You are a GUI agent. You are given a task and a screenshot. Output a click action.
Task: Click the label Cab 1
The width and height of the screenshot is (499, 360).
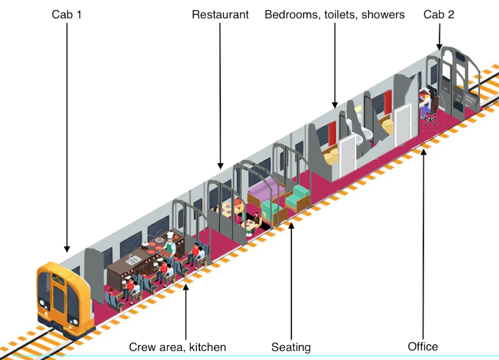coord(66,15)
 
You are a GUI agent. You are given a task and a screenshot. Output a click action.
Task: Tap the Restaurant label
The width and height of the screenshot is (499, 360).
coord(220,15)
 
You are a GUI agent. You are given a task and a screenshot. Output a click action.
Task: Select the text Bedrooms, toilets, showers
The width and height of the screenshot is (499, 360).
coord(334,15)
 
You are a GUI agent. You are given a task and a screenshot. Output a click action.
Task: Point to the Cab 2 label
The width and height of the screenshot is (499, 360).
coord(439,15)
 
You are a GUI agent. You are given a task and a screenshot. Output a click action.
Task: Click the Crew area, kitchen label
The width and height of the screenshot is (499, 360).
coord(177,347)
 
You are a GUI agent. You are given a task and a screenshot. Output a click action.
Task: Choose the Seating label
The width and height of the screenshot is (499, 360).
coord(291,347)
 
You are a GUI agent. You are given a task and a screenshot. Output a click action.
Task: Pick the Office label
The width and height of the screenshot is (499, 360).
coord(422,346)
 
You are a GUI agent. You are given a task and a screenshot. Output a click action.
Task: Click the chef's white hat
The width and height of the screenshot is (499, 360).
coord(170,235)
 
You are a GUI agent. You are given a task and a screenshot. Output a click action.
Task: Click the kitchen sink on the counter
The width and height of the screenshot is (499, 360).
coord(134,260)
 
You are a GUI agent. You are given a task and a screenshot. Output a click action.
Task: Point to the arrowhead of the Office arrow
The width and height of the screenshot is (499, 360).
coord(423,152)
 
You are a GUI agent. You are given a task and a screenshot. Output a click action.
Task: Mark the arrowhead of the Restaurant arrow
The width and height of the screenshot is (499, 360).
coord(220,166)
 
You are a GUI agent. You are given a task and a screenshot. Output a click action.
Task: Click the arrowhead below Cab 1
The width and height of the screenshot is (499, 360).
coord(67,249)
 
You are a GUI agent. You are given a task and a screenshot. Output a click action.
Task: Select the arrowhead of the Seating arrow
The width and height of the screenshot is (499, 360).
coord(291,226)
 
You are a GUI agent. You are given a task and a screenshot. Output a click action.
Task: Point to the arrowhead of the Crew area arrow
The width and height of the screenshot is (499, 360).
coord(186,287)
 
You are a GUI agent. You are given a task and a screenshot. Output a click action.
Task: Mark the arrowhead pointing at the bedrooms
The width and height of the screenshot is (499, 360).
coord(335,105)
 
